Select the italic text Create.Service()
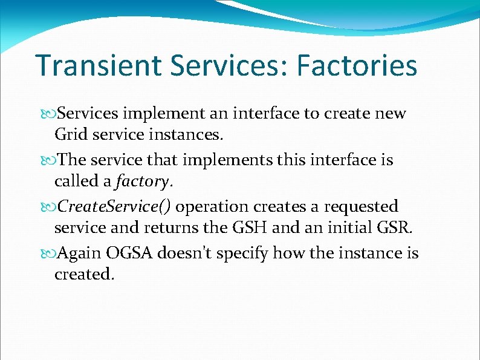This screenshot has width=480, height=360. (x=114, y=206)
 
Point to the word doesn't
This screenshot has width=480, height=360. (x=184, y=252)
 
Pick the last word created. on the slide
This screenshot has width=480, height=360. (x=84, y=274)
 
